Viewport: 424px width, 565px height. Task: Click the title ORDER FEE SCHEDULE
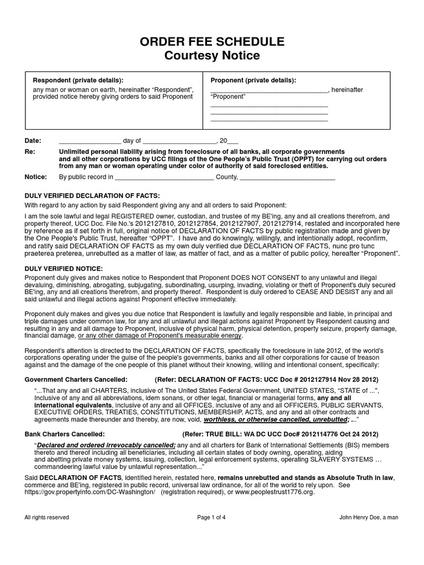pos(213,41)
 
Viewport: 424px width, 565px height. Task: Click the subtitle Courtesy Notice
pos(213,56)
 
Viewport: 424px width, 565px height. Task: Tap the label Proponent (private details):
pos(253,79)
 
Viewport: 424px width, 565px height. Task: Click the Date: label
pos(33,140)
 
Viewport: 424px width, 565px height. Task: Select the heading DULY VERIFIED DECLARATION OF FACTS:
pos(92,195)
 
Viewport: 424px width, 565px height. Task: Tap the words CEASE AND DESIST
pos(316,292)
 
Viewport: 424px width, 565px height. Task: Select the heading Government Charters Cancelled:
pos(76,380)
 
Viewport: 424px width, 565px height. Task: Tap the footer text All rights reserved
pos(46,517)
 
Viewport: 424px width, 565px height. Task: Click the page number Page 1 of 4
pos(212,517)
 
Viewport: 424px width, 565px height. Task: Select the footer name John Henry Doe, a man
pos(368,517)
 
